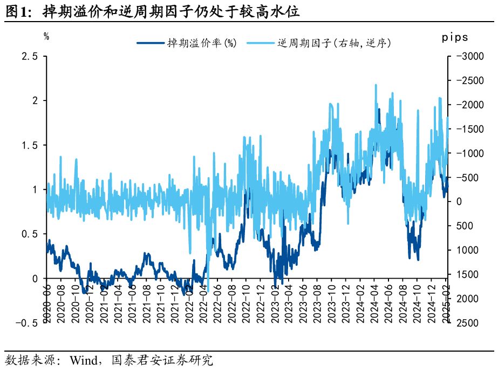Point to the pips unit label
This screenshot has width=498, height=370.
click(x=455, y=37)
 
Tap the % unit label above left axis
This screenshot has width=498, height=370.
click(x=46, y=37)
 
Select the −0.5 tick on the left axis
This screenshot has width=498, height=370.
click(x=26, y=323)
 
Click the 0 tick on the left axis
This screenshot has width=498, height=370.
click(x=35, y=279)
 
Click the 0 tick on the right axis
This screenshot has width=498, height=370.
click(x=458, y=201)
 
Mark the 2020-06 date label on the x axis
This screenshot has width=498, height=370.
click(x=47, y=303)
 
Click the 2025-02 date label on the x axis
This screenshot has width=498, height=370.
click(x=446, y=303)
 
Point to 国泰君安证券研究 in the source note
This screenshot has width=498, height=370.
click(x=162, y=360)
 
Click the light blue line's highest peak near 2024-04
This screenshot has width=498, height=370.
click(x=376, y=85)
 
